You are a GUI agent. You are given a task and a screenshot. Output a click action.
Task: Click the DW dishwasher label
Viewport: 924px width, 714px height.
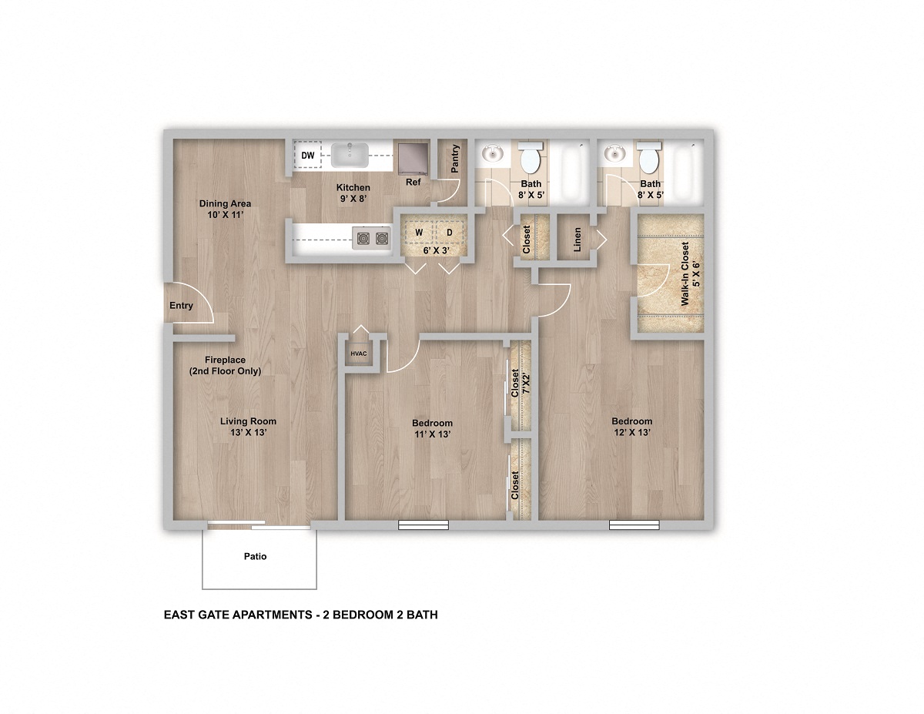tap(308, 156)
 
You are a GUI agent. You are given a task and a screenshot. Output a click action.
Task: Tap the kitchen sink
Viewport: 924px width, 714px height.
tap(350, 155)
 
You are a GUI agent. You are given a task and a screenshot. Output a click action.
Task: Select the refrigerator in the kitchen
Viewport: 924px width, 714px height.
tap(413, 157)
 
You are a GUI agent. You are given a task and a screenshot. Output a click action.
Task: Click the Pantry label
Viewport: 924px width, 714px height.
tap(455, 159)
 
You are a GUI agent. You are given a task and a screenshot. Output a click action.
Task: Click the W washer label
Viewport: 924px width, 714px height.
tap(420, 232)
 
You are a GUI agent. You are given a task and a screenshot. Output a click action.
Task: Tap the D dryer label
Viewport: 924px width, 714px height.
tap(449, 232)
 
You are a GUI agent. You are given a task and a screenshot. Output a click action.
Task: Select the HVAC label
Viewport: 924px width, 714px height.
tap(359, 354)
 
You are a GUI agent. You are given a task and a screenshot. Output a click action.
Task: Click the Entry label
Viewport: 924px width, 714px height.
tap(181, 306)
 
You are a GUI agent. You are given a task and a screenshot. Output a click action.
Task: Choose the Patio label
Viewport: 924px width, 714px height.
tap(256, 556)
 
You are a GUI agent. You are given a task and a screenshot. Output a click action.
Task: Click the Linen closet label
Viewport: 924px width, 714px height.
tap(577, 240)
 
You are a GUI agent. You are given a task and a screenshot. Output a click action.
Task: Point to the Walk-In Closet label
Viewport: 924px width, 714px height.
tap(690, 273)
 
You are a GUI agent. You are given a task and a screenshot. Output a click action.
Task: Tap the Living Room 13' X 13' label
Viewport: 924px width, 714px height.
tap(248, 427)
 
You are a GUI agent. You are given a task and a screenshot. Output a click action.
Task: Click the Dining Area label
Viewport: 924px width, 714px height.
tap(225, 209)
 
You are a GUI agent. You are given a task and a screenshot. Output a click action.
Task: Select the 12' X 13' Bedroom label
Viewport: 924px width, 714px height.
tap(632, 427)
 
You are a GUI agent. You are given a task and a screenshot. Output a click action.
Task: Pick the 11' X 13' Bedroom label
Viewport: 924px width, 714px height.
tap(432, 428)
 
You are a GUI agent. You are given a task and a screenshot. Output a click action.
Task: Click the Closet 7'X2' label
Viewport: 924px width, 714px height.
tap(520, 384)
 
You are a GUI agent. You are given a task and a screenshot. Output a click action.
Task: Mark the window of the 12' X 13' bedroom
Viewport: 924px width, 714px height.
tap(634, 525)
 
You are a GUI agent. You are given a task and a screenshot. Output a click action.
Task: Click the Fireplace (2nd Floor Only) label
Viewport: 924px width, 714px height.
tap(226, 365)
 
